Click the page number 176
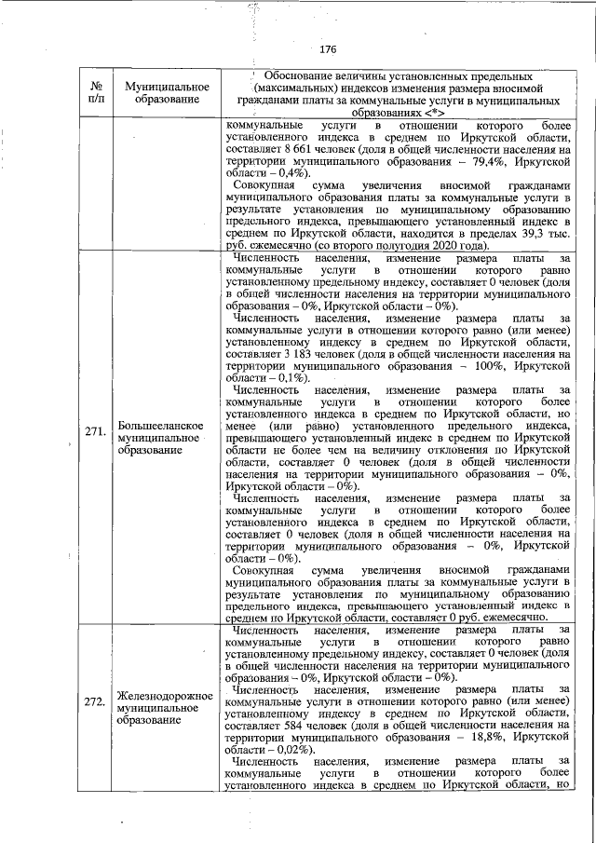(327, 49)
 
